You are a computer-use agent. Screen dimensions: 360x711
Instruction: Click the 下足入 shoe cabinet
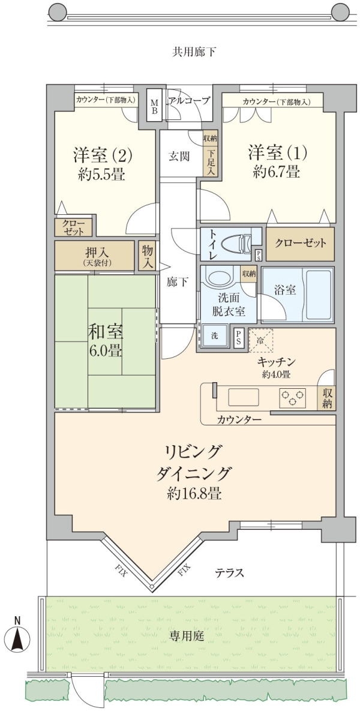pyautogui.click(x=211, y=161)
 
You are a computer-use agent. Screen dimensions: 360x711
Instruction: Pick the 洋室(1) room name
pyautogui.click(x=277, y=152)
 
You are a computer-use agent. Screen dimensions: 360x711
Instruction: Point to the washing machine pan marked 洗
pyautogui.click(x=214, y=336)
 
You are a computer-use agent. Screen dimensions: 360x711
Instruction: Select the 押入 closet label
pyautogui.click(x=95, y=253)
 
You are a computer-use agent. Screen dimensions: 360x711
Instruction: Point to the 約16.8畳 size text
pyautogui.click(x=194, y=493)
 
